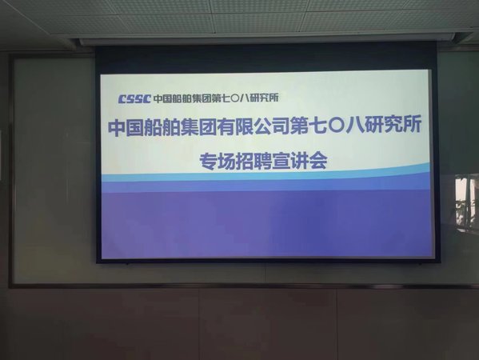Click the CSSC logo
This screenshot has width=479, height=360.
coord(134,98)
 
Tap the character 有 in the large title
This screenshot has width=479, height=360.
coord(226,126)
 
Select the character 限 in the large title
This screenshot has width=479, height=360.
coord(244,126)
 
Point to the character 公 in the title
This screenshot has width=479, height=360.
coord(262,126)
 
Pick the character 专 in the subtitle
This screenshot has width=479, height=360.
coord(209,161)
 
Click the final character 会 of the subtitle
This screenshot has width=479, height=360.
coord(318,161)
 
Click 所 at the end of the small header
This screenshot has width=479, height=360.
coord(274,98)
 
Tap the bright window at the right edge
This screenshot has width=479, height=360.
coord(467,202)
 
